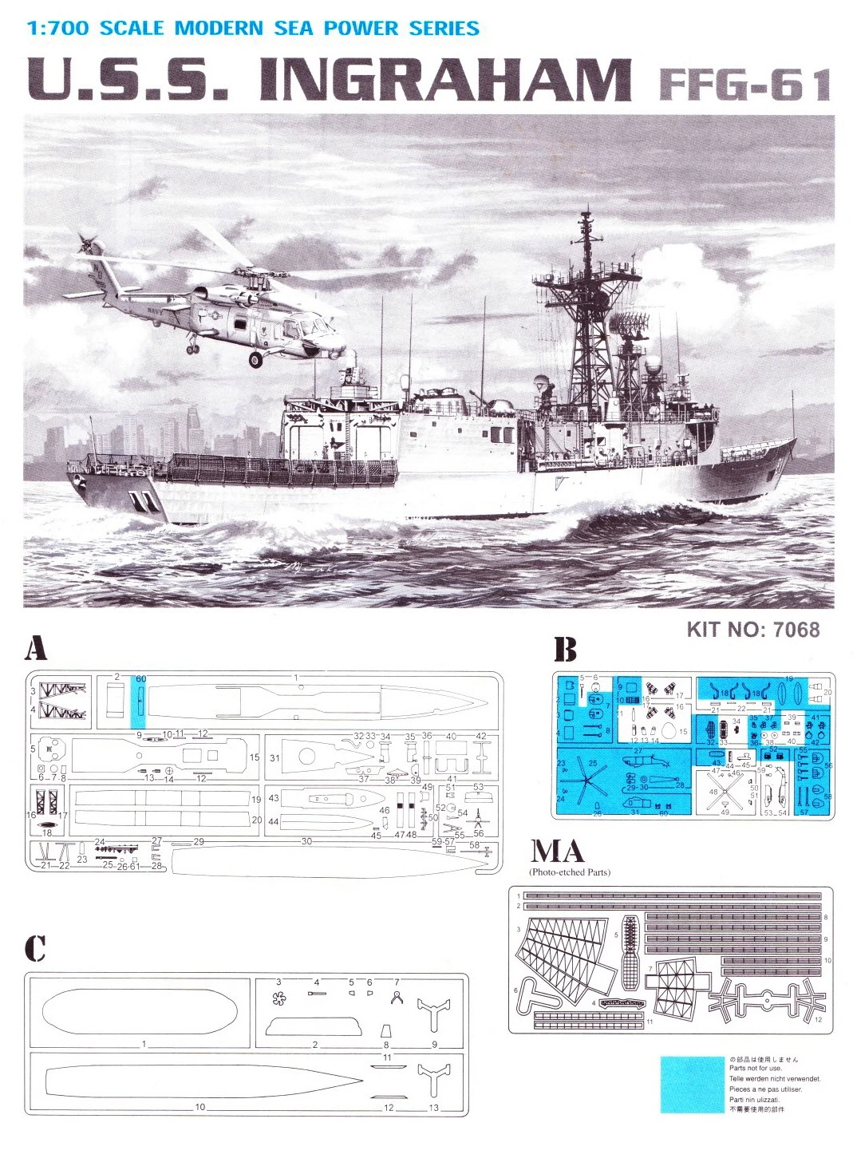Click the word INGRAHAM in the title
point(444,81)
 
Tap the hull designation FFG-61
point(745,85)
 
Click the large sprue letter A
point(36,649)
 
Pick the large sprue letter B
point(565,650)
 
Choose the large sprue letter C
point(35,948)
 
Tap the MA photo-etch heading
point(558,852)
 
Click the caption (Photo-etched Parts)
point(569,872)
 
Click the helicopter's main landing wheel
point(255,360)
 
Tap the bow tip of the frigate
point(794,438)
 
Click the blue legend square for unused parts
point(692,1085)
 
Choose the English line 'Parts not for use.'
point(756,1068)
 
